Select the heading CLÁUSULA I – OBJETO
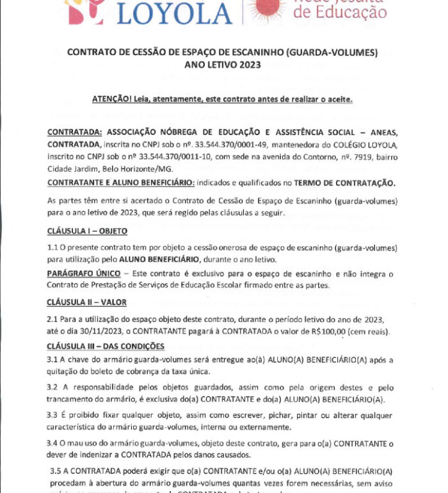coord(87,230)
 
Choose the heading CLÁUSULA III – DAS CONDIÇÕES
coord(106,346)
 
